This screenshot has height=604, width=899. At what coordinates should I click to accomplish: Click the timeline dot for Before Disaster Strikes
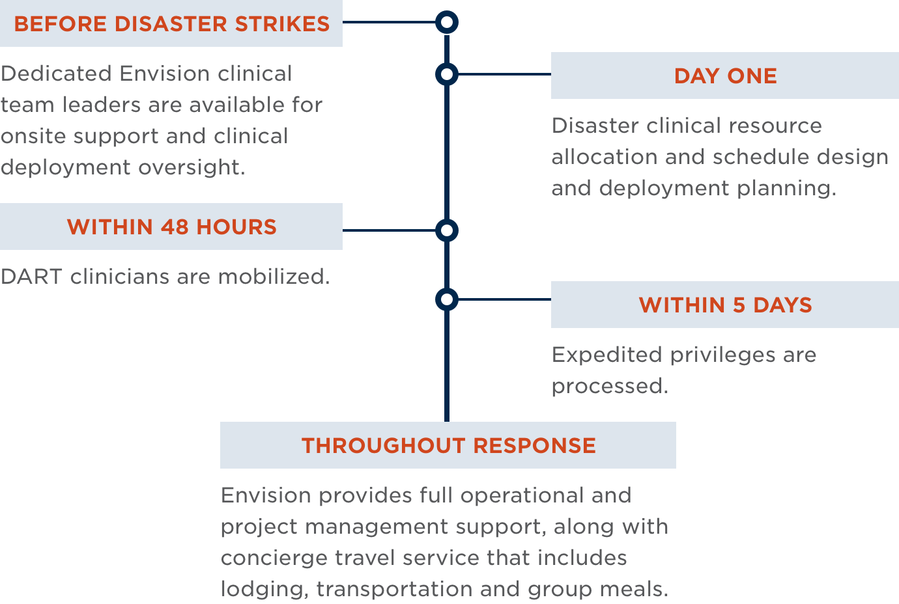click(447, 23)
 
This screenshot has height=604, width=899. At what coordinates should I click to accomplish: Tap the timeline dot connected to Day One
click(447, 75)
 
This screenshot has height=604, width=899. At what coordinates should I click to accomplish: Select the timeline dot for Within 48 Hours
click(447, 230)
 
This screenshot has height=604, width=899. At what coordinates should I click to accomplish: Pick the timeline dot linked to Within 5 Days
click(447, 299)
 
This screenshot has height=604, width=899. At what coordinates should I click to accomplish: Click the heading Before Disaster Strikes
click(171, 24)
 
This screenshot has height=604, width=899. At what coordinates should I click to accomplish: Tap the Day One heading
click(725, 76)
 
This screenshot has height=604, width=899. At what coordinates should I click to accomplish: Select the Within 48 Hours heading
click(171, 227)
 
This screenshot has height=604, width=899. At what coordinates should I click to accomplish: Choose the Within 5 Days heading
click(725, 305)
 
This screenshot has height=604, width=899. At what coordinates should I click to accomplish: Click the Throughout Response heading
click(448, 446)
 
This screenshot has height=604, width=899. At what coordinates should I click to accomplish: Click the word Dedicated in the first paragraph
click(56, 74)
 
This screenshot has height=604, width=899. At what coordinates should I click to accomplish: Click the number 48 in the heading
click(175, 227)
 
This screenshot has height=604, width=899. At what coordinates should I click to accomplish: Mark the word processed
click(609, 387)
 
